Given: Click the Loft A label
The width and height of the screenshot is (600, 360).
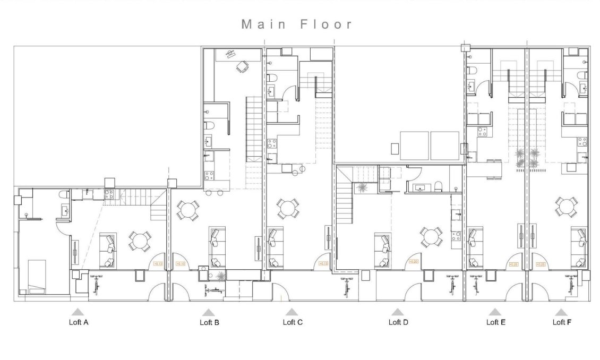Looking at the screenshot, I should tap(79, 322).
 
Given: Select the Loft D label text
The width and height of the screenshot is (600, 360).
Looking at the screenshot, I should tap(398, 322).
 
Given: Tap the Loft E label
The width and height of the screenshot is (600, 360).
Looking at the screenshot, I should tap(496, 322).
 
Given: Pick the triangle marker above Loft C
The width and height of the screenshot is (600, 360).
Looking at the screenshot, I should tap(292, 312).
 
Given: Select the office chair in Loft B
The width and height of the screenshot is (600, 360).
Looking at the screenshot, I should tap(242, 67).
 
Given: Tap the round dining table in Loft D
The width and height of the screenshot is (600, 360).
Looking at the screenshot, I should tap(431, 236).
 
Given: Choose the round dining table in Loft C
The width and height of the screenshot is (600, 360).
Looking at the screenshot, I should tap(288, 208).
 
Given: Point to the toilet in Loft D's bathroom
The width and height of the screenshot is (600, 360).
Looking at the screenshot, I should tap(438, 186).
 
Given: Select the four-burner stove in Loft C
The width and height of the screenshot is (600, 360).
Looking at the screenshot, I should tap(272, 142).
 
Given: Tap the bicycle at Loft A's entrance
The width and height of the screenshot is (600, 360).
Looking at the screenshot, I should tap(96, 285).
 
